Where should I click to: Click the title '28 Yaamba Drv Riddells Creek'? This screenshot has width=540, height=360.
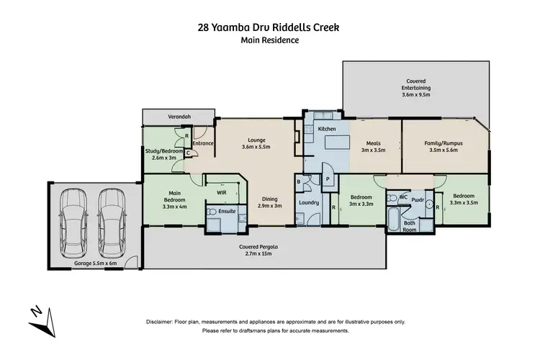click(269, 28)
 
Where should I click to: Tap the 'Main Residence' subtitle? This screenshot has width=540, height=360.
click(269, 40)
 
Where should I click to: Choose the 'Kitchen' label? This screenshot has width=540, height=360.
click(328, 129)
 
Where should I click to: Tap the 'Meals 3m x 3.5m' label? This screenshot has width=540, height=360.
click(373, 146)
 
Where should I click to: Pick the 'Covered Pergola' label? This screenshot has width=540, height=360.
click(264, 250)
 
